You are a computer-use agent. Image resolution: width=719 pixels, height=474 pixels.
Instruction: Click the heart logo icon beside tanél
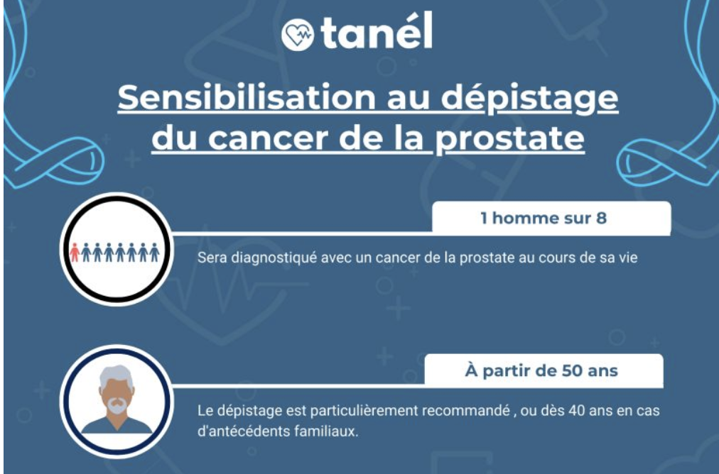tap(298, 34)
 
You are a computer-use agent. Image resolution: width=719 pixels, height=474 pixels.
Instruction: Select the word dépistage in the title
tap(529, 99)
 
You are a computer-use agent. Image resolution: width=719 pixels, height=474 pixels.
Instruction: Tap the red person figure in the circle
tap(75, 253)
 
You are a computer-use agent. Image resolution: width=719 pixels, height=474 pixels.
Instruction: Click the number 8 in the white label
tap(601, 218)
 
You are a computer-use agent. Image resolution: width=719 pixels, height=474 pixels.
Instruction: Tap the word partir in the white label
tap(504, 371)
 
